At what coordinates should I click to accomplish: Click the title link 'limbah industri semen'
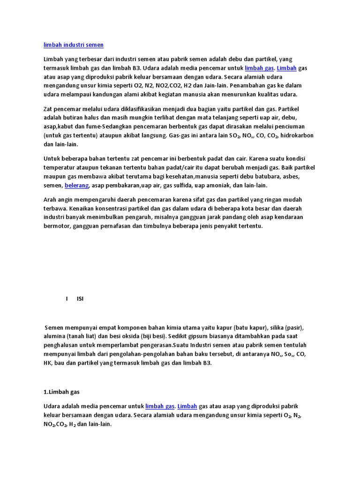[x=74, y=45]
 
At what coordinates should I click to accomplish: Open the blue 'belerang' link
[x=76, y=186]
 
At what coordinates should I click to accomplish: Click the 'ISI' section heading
[x=80, y=299]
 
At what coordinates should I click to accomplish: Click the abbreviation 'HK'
[x=48, y=363]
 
